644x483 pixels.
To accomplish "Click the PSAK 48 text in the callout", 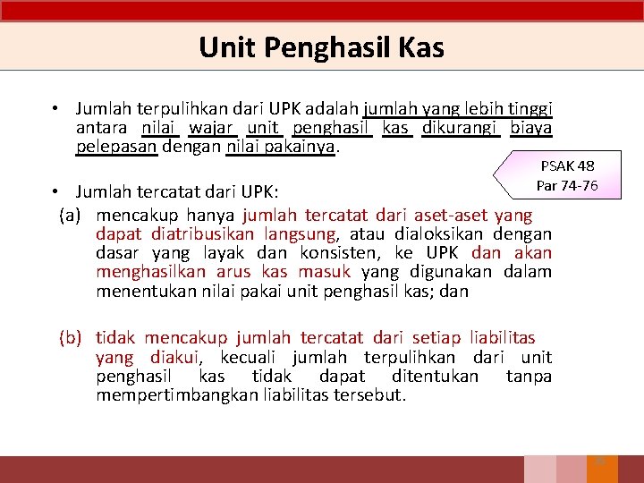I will (x=567, y=165).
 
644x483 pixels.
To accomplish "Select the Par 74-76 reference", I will (x=567, y=185).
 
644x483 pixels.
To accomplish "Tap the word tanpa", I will (x=530, y=376).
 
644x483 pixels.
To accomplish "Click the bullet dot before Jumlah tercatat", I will (x=55, y=191).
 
